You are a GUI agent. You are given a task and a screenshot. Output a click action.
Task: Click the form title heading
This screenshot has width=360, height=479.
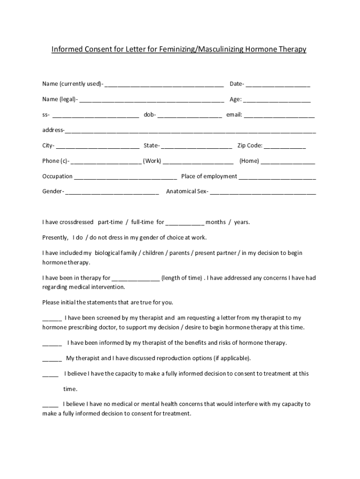point(179,49)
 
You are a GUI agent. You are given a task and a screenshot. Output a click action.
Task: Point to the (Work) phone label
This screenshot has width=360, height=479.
point(152,161)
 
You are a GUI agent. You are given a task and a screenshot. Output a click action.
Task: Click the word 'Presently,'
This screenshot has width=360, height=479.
point(55,238)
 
